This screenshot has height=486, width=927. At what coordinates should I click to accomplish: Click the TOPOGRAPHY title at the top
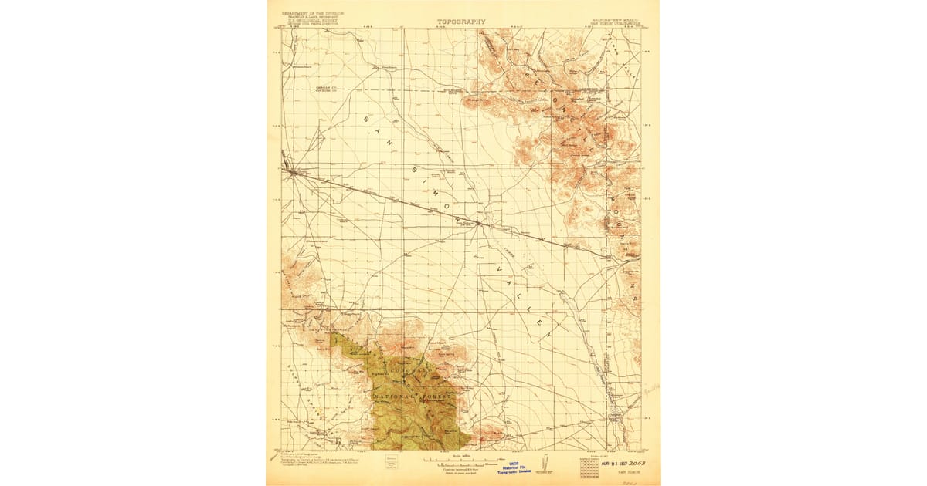tap(461, 22)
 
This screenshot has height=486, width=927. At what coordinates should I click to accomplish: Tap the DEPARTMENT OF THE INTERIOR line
tap(314, 13)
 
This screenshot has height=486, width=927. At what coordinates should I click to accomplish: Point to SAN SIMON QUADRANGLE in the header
tap(615, 21)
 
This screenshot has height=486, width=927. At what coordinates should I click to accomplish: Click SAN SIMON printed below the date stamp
tap(614, 474)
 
